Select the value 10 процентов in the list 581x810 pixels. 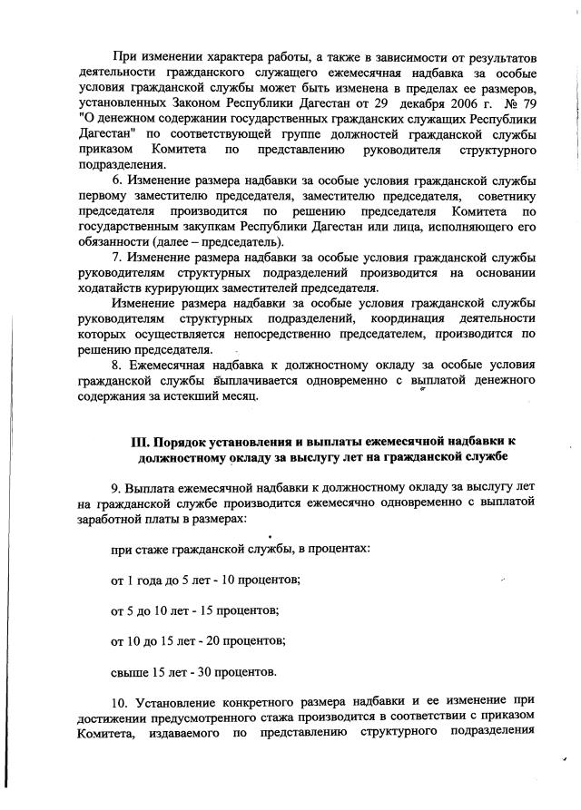[x=255, y=578]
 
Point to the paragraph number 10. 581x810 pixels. [x=120, y=702]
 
